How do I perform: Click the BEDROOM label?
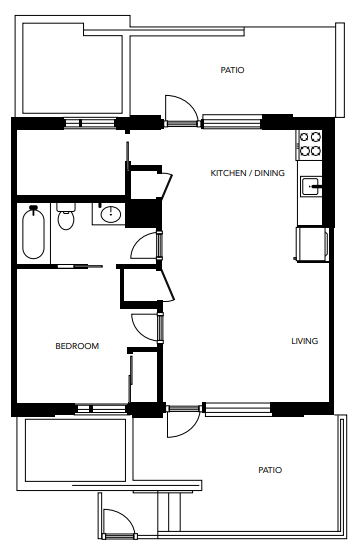pos(77,346)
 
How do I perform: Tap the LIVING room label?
pos(304,341)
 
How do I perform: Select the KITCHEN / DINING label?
pos(247,173)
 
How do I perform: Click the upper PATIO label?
pos(232,70)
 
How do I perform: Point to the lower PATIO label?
pos(269,469)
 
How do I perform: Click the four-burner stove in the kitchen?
pos(310,144)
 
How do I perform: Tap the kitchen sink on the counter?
pos(312,185)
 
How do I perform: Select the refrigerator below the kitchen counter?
pos(311,243)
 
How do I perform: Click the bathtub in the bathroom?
pos(34,232)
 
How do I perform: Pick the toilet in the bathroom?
pos(67,217)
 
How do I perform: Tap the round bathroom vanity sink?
pos(109,214)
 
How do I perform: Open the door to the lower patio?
pos(180,422)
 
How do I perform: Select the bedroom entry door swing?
pos(146,325)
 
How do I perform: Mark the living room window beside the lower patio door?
pos(236,408)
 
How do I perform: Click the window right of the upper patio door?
pos(232,124)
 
